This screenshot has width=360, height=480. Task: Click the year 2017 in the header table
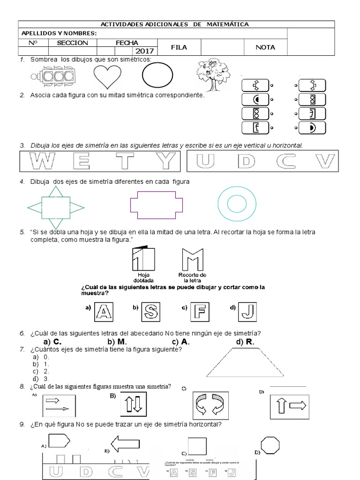click(x=145, y=51)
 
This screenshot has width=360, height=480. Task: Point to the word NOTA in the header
click(x=265, y=47)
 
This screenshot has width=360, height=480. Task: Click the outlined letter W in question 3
click(x=42, y=162)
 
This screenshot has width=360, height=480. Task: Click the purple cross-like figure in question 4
click(x=156, y=205)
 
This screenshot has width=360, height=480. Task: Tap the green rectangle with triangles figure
click(x=56, y=205)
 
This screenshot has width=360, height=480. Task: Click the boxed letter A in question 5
click(x=105, y=311)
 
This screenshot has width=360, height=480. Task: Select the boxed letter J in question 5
click(x=249, y=311)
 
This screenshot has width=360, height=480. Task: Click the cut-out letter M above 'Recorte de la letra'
click(x=191, y=259)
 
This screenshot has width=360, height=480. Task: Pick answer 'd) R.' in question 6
click(x=245, y=342)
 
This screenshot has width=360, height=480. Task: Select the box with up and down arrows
click(x=134, y=404)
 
